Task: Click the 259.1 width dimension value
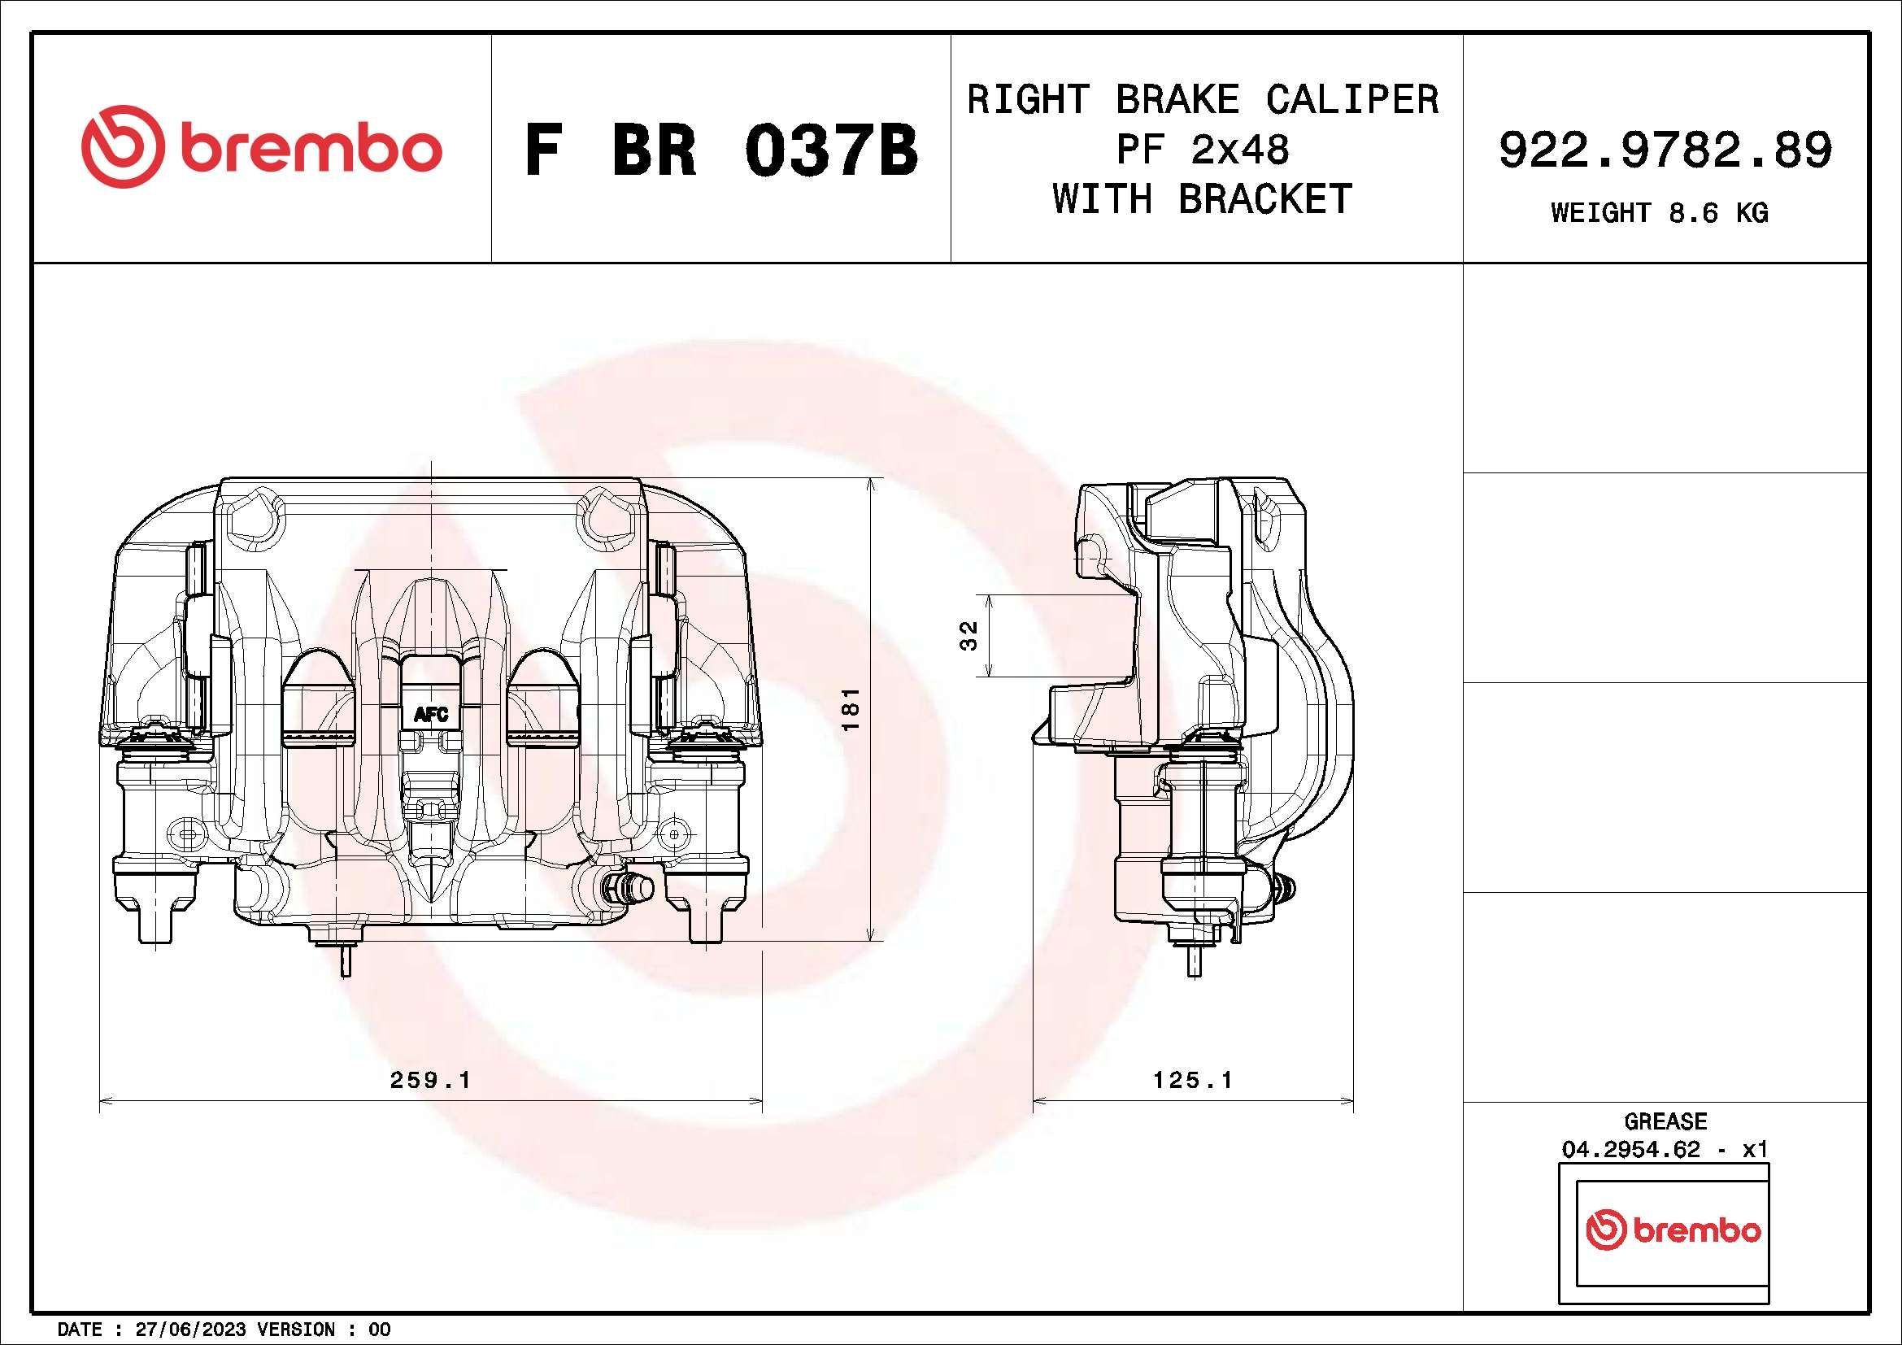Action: click(430, 1080)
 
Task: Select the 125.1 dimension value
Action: click(1192, 1080)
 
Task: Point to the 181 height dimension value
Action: click(851, 709)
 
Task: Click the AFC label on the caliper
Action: click(431, 714)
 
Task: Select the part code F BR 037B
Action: click(720, 150)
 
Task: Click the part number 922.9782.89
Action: click(1665, 150)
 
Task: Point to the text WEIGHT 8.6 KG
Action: click(1660, 213)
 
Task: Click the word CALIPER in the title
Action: click(1352, 100)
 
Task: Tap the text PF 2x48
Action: click(1203, 150)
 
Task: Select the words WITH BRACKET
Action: click(1203, 198)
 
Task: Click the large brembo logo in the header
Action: click(262, 146)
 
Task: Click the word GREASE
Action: click(1665, 1121)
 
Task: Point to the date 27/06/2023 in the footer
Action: click(189, 1330)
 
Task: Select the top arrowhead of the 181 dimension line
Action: click(871, 484)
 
